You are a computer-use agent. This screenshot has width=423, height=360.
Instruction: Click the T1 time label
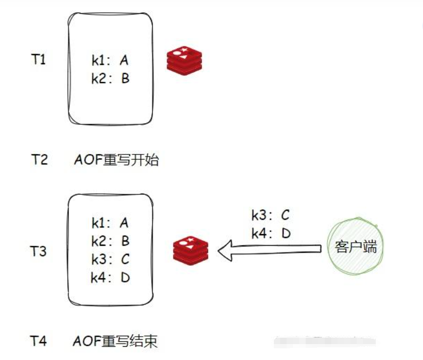pyautogui.click(x=38, y=59)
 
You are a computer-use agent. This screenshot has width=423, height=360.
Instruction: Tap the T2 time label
pyautogui.click(x=39, y=159)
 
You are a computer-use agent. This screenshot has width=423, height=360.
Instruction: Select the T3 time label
pyautogui.click(x=38, y=251)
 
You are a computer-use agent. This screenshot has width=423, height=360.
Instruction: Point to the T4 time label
pyautogui.click(x=38, y=340)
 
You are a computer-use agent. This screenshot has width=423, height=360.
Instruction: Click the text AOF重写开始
pyautogui.click(x=115, y=159)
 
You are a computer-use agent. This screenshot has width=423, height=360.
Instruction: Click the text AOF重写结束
pyautogui.click(x=115, y=340)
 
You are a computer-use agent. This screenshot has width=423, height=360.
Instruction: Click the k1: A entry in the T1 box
pyautogui.click(x=110, y=61)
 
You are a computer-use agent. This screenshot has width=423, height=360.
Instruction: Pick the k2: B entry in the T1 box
pyautogui.click(x=110, y=79)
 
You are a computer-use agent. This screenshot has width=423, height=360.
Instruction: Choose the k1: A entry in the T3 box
pyautogui.click(x=110, y=222)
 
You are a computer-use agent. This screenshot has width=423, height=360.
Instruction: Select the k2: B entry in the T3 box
pyautogui.click(x=110, y=241)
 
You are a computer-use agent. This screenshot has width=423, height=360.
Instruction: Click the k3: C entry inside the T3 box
pyautogui.click(x=110, y=259)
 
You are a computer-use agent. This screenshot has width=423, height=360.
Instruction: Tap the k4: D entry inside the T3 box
pyautogui.click(x=110, y=277)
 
